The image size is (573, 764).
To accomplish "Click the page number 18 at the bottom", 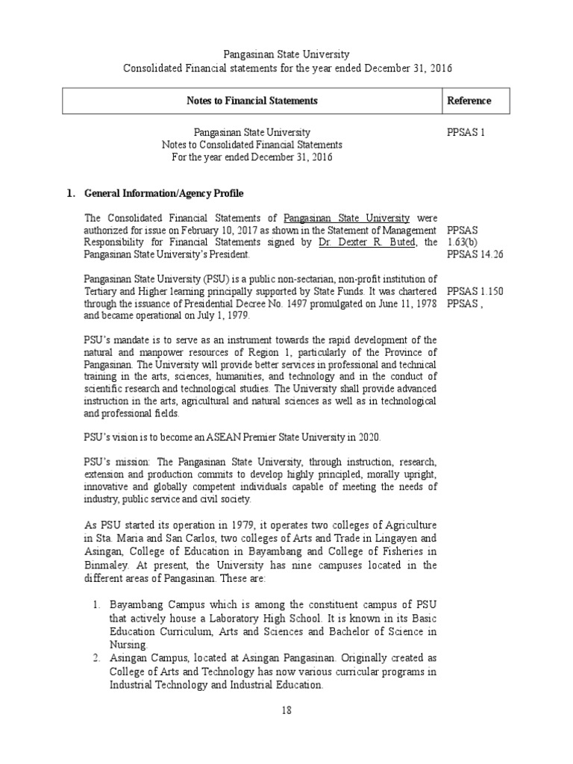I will (286, 710).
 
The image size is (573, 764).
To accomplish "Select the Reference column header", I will (469, 101).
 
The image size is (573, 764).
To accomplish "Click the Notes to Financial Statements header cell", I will (252, 101).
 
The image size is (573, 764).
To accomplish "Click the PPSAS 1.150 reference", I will (474, 291).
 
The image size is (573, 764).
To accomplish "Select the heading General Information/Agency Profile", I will (163, 194).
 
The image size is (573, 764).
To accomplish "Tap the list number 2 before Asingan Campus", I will (97, 658).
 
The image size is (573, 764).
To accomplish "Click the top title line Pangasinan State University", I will (286, 55).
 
